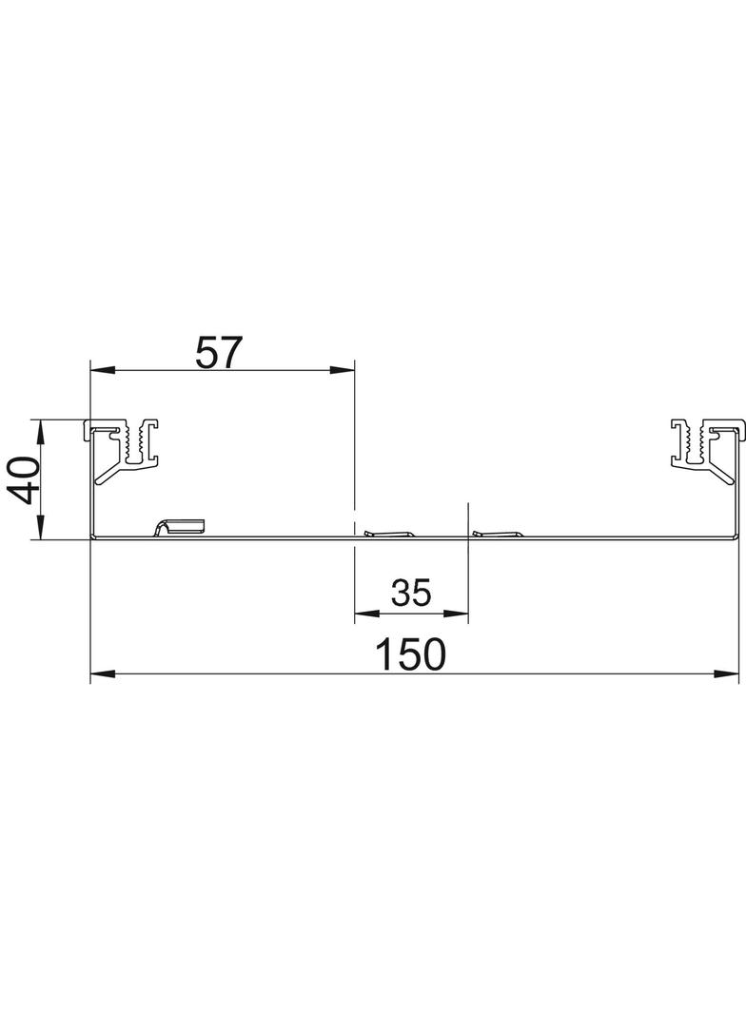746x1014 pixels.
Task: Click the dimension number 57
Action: point(219,352)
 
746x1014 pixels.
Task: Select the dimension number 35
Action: point(411,593)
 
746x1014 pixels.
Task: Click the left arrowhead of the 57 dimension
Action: point(103,370)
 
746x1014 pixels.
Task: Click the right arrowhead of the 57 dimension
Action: point(343,370)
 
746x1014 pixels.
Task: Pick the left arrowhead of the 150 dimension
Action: point(103,673)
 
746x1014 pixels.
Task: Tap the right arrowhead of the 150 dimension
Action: point(726,673)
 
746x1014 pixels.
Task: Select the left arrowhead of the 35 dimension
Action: point(367,614)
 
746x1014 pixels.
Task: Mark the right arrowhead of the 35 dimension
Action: point(456,614)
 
